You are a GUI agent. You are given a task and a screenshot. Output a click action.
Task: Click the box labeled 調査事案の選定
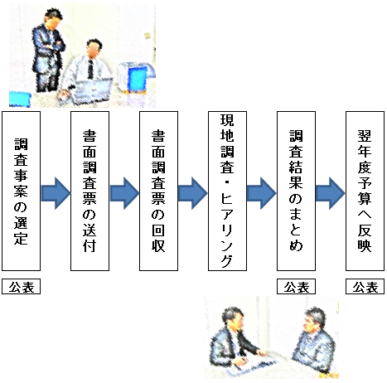point(22,193)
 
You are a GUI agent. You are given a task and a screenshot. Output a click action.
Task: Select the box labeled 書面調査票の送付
point(90,193)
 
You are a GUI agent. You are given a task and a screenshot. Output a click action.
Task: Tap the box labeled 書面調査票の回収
point(159,193)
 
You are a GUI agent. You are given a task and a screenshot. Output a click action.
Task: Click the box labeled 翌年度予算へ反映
point(365,193)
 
